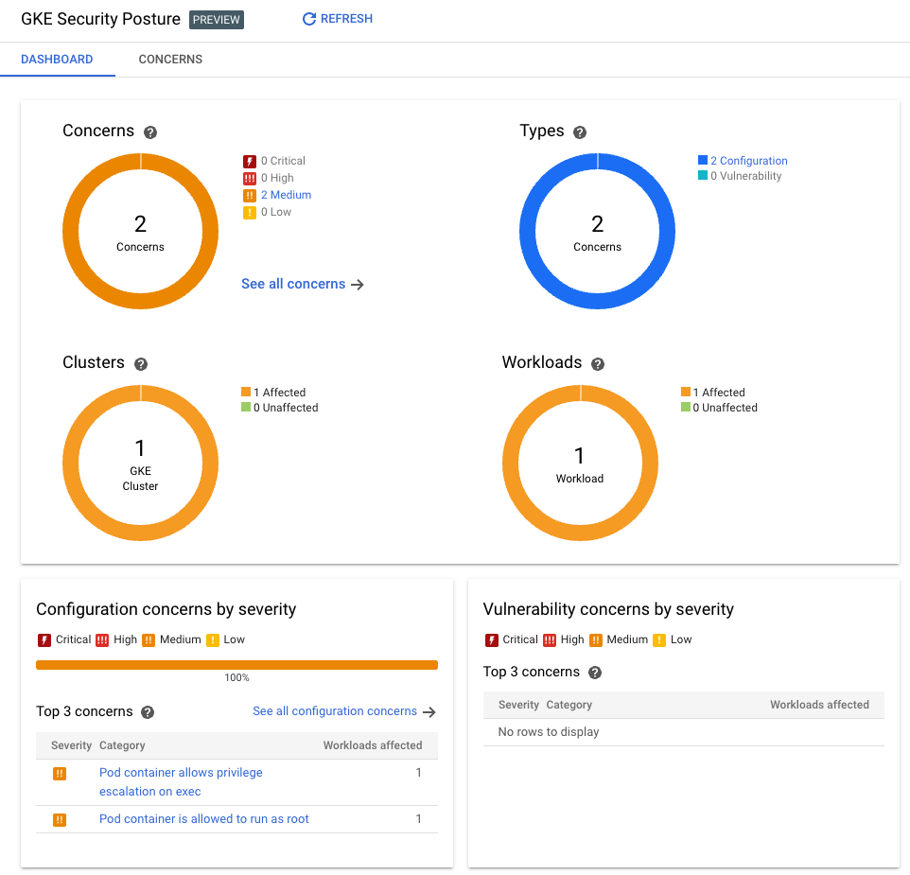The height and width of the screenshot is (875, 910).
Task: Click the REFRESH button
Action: pyautogui.click(x=338, y=19)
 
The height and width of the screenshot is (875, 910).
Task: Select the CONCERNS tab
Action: pyautogui.click(x=170, y=59)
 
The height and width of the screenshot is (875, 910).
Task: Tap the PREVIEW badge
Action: pyautogui.click(x=217, y=20)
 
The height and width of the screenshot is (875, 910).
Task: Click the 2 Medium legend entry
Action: pyautogui.click(x=286, y=195)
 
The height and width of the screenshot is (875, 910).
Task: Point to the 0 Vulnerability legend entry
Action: pyautogui.click(x=745, y=176)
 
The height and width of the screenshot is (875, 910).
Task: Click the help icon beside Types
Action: pyautogui.click(x=580, y=132)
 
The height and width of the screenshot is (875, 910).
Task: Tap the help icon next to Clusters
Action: pyautogui.click(x=141, y=364)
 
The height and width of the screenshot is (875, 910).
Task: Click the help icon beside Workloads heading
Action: pyautogui.click(x=598, y=364)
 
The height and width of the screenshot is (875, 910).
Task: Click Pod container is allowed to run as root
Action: pyautogui.click(x=204, y=819)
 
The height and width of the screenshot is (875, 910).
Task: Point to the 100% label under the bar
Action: pyautogui.click(x=236, y=677)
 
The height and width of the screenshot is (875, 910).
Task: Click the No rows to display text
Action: pyautogui.click(x=549, y=732)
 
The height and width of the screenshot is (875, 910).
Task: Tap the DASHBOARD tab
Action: pyautogui.click(x=57, y=59)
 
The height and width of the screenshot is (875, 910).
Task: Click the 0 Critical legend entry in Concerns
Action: pyautogui.click(x=282, y=161)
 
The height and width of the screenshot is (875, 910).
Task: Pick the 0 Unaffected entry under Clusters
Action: pyautogui.click(x=285, y=408)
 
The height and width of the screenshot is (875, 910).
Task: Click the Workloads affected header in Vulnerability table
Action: pyautogui.click(x=819, y=705)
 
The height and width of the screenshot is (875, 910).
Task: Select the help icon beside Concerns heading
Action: pyautogui.click(x=150, y=132)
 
